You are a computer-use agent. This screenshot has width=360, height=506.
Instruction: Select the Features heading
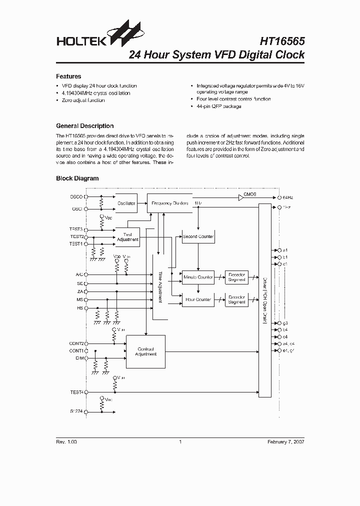click(68, 76)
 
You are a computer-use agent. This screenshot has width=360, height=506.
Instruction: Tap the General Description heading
click(84, 126)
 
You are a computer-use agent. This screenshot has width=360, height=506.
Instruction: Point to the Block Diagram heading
click(77, 178)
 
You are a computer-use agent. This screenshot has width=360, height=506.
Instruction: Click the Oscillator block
click(126, 203)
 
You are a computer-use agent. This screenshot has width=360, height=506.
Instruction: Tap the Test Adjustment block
click(127, 237)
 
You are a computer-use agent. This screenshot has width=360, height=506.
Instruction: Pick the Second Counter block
click(198, 236)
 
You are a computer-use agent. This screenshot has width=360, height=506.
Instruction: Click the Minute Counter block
click(198, 276)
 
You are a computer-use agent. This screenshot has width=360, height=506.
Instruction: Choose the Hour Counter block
click(198, 299)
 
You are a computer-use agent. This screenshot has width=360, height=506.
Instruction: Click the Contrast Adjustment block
click(145, 351)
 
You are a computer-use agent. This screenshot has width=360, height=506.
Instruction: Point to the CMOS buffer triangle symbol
click(240, 198)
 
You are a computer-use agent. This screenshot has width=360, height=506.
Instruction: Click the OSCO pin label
click(76, 197)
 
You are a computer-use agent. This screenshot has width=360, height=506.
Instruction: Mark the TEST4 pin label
click(76, 392)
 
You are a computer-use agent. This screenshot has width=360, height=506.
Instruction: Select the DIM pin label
click(79, 358)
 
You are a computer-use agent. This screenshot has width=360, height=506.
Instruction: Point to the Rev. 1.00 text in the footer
click(66, 442)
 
